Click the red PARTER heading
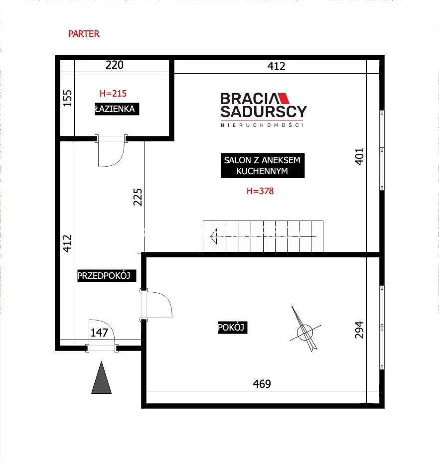pos(84,34)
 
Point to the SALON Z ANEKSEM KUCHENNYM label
pos(263,165)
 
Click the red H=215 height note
pos(113,93)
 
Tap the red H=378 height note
pos(260,191)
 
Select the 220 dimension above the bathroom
pos(115,65)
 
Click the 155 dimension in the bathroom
pos(68,98)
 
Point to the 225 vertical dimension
pos(138,197)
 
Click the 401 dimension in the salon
pos(359,156)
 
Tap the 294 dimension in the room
pos(359,330)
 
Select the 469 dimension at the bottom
pos(262,384)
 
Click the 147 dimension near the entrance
pos(99,333)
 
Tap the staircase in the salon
pos(263,236)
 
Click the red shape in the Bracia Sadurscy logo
pos(283,99)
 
